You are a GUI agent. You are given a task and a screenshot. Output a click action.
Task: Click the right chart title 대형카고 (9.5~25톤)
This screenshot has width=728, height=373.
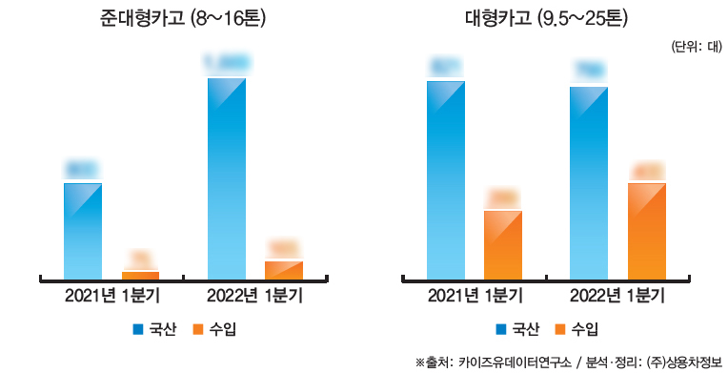(x=546, y=17)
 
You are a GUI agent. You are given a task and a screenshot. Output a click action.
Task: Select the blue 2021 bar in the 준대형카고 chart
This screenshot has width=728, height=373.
(x=83, y=230)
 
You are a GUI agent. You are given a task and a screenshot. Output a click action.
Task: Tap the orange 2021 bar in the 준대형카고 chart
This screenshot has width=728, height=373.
(x=140, y=275)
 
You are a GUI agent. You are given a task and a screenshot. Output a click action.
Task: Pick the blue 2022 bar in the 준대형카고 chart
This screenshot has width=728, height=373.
(x=227, y=177)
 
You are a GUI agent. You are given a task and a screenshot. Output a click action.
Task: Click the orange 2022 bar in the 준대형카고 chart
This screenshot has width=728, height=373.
(x=284, y=269)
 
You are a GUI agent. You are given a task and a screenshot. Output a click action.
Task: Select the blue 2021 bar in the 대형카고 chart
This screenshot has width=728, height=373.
(x=446, y=179)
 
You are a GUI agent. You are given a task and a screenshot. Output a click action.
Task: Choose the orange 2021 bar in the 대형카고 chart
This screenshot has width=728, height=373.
(x=503, y=244)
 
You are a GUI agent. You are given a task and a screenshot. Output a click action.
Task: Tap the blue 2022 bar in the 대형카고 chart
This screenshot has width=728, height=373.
(x=589, y=182)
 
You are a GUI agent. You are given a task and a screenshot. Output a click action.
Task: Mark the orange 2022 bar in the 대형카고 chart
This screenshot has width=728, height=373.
(x=646, y=230)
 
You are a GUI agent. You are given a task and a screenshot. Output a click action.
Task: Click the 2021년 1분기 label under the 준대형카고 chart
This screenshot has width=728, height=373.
(x=111, y=296)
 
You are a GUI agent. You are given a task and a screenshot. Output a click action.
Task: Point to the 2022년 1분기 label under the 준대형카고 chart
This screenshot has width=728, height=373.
(x=255, y=296)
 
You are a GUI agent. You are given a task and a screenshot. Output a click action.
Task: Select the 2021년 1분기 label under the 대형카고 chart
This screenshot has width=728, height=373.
(x=475, y=296)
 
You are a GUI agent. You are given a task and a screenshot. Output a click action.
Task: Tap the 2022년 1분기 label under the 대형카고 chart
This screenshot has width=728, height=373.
(x=617, y=296)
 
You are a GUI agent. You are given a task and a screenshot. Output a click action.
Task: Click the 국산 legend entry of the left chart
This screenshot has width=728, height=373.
(x=154, y=329)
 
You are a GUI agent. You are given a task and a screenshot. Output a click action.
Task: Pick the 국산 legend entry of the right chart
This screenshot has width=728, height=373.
(x=517, y=329)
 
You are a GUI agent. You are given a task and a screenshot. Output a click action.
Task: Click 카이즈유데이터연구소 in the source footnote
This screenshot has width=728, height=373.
(x=515, y=362)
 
